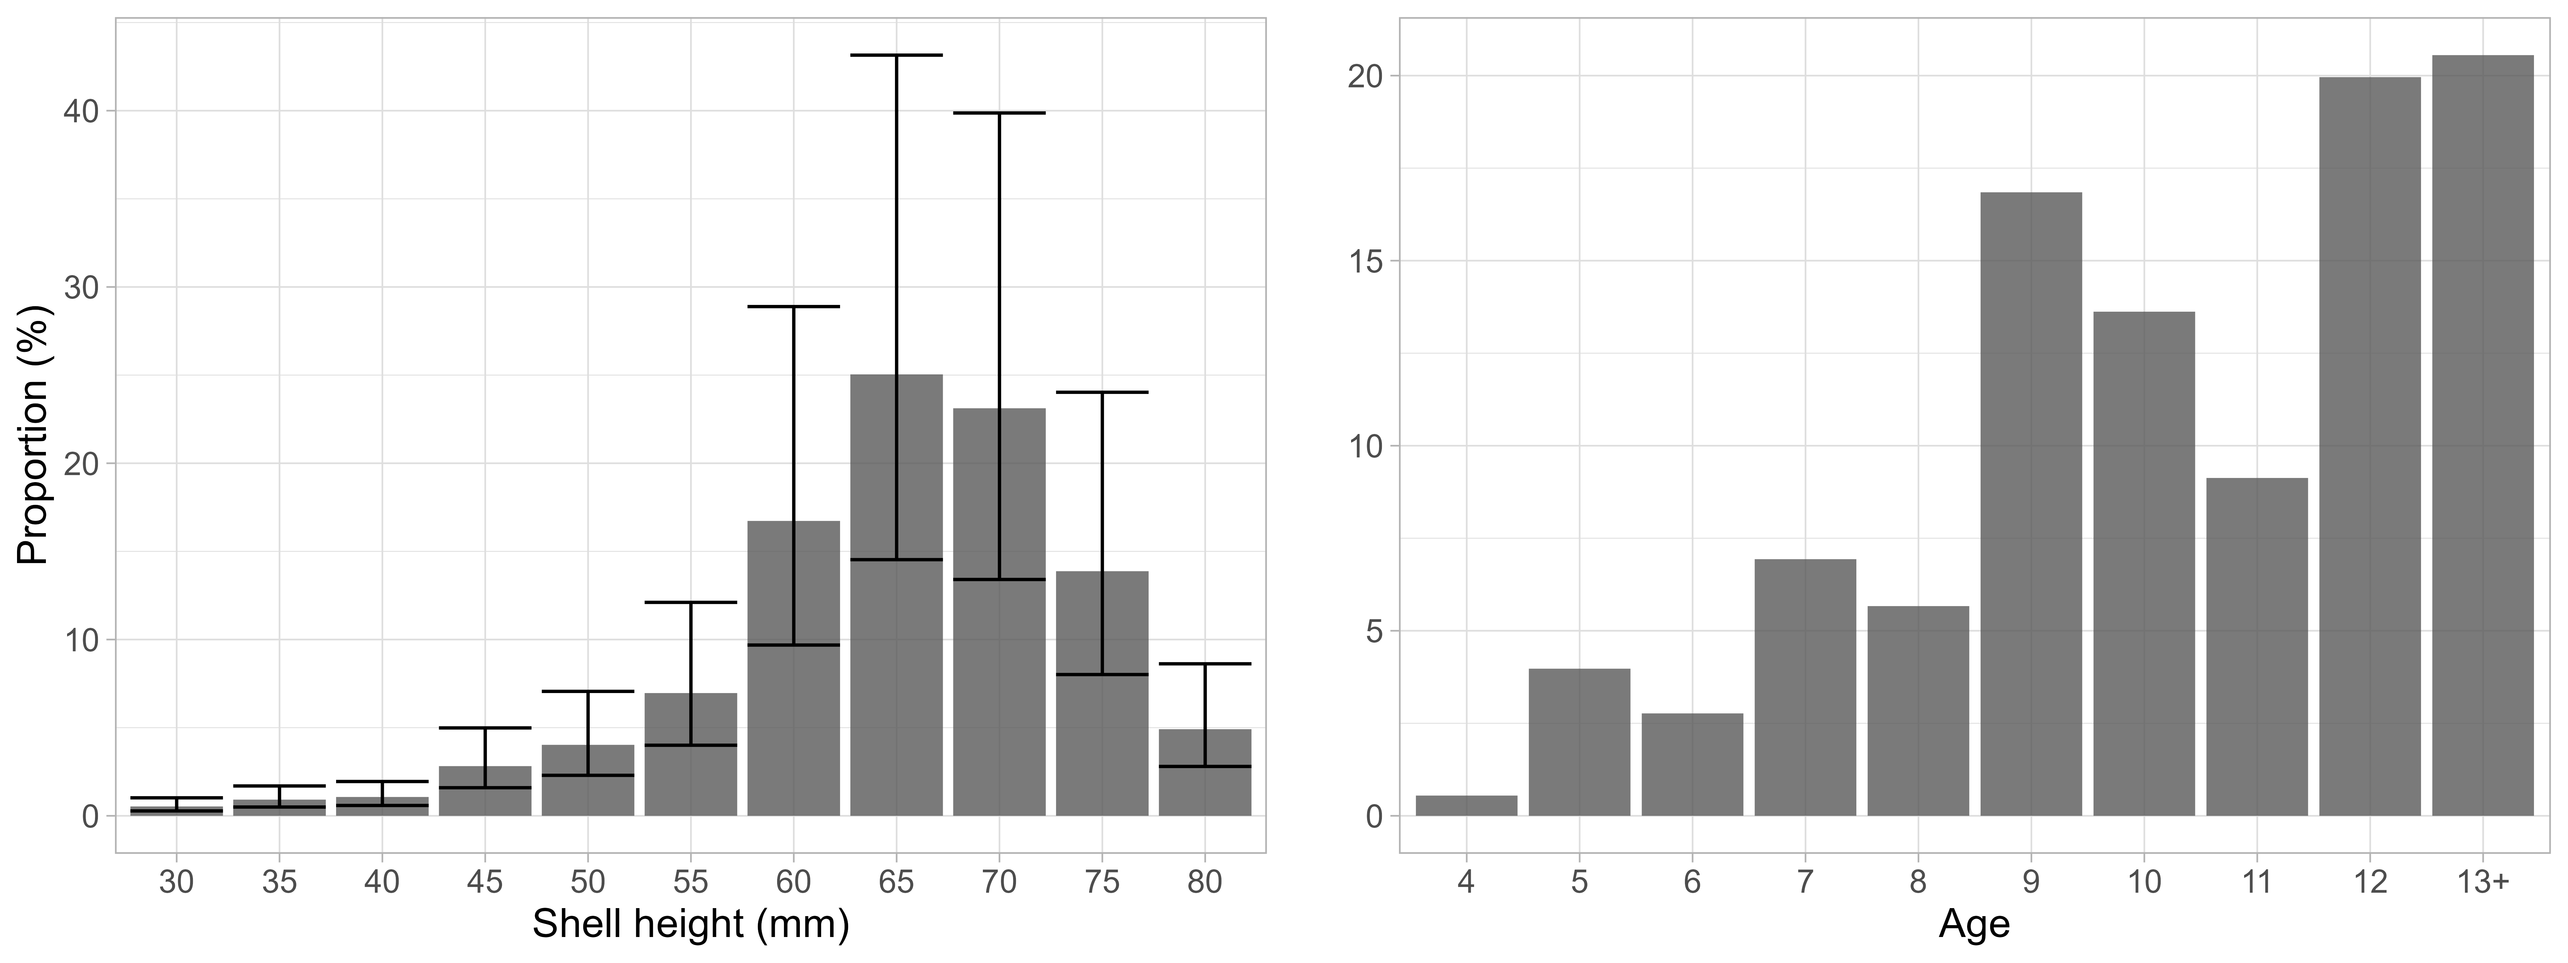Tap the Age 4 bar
click(1466, 805)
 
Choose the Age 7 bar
click(1805, 688)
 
